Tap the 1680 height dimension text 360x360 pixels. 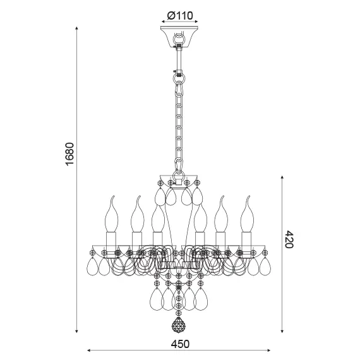(x=70, y=155)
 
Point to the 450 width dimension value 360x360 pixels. (x=179, y=344)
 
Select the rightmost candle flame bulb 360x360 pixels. (x=246, y=215)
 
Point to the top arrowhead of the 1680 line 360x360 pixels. (x=77, y=30)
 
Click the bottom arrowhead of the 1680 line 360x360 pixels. (x=77, y=331)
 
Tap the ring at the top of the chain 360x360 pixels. (x=179, y=81)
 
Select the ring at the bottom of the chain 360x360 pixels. (x=179, y=169)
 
